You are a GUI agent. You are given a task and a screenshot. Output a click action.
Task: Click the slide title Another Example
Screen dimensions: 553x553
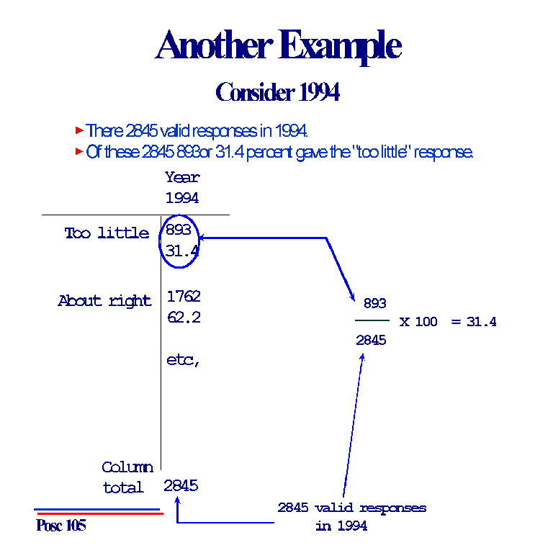(x=277, y=46)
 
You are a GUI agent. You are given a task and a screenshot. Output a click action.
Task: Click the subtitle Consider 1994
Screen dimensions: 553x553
(x=277, y=92)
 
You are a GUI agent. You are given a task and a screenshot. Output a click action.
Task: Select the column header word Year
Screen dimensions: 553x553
(x=182, y=177)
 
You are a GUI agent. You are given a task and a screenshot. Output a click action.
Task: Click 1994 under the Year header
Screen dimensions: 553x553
(x=182, y=198)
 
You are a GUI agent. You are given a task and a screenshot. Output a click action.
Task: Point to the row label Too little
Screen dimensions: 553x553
(x=107, y=233)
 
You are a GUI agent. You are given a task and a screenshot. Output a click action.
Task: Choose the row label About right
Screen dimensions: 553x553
(x=104, y=301)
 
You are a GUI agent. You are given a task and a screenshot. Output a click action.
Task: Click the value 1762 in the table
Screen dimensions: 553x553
(x=184, y=296)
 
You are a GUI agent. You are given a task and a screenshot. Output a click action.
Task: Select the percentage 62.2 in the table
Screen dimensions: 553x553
(x=184, y=317)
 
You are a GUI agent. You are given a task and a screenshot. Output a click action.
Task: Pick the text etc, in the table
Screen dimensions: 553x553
(x=183, y=360)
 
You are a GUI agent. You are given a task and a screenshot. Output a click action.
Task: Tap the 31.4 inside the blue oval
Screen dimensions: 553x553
(x=181, y=251)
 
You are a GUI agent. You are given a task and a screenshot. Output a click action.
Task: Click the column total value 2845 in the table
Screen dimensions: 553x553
(x=181, y=485)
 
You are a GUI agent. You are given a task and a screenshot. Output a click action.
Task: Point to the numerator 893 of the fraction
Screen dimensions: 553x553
(x=374, y=304)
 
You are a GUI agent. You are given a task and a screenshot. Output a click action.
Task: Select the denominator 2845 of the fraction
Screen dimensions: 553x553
(x=371, y=340)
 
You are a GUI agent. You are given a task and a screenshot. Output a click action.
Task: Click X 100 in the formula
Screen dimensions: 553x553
(x=418, y=322)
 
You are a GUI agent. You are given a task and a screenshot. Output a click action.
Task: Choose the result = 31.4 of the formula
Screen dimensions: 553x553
(x=474, y=322)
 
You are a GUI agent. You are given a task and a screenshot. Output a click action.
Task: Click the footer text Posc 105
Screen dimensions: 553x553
(x=60, y=526)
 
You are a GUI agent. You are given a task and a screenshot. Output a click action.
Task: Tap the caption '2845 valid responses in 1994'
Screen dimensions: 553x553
(x=351, y=516)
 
